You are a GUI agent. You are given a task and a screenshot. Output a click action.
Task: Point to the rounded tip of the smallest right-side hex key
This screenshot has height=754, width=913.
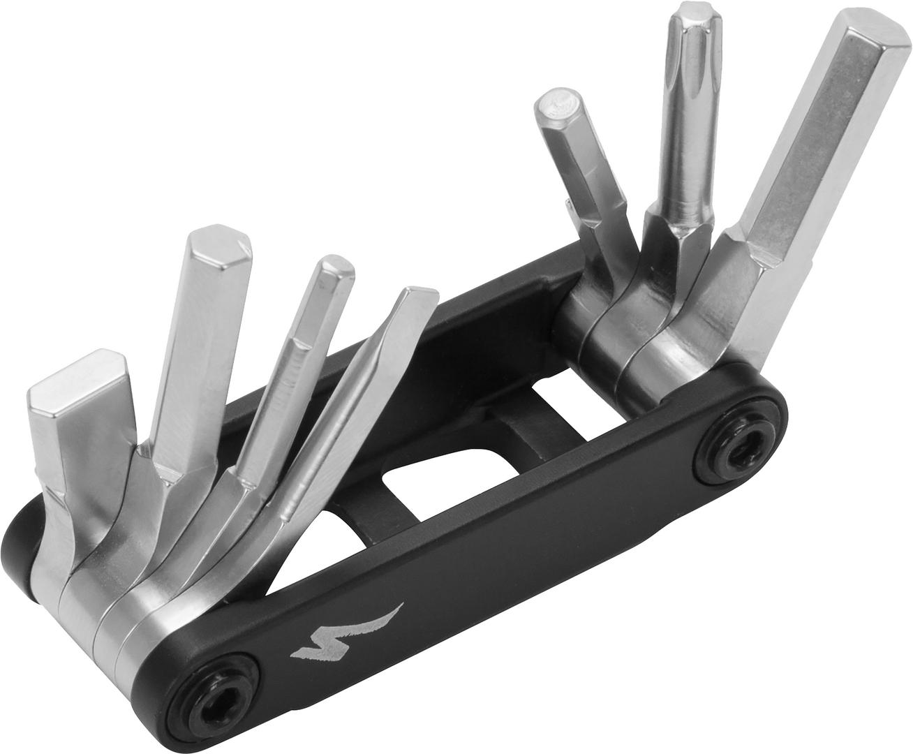pos(558,105)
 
